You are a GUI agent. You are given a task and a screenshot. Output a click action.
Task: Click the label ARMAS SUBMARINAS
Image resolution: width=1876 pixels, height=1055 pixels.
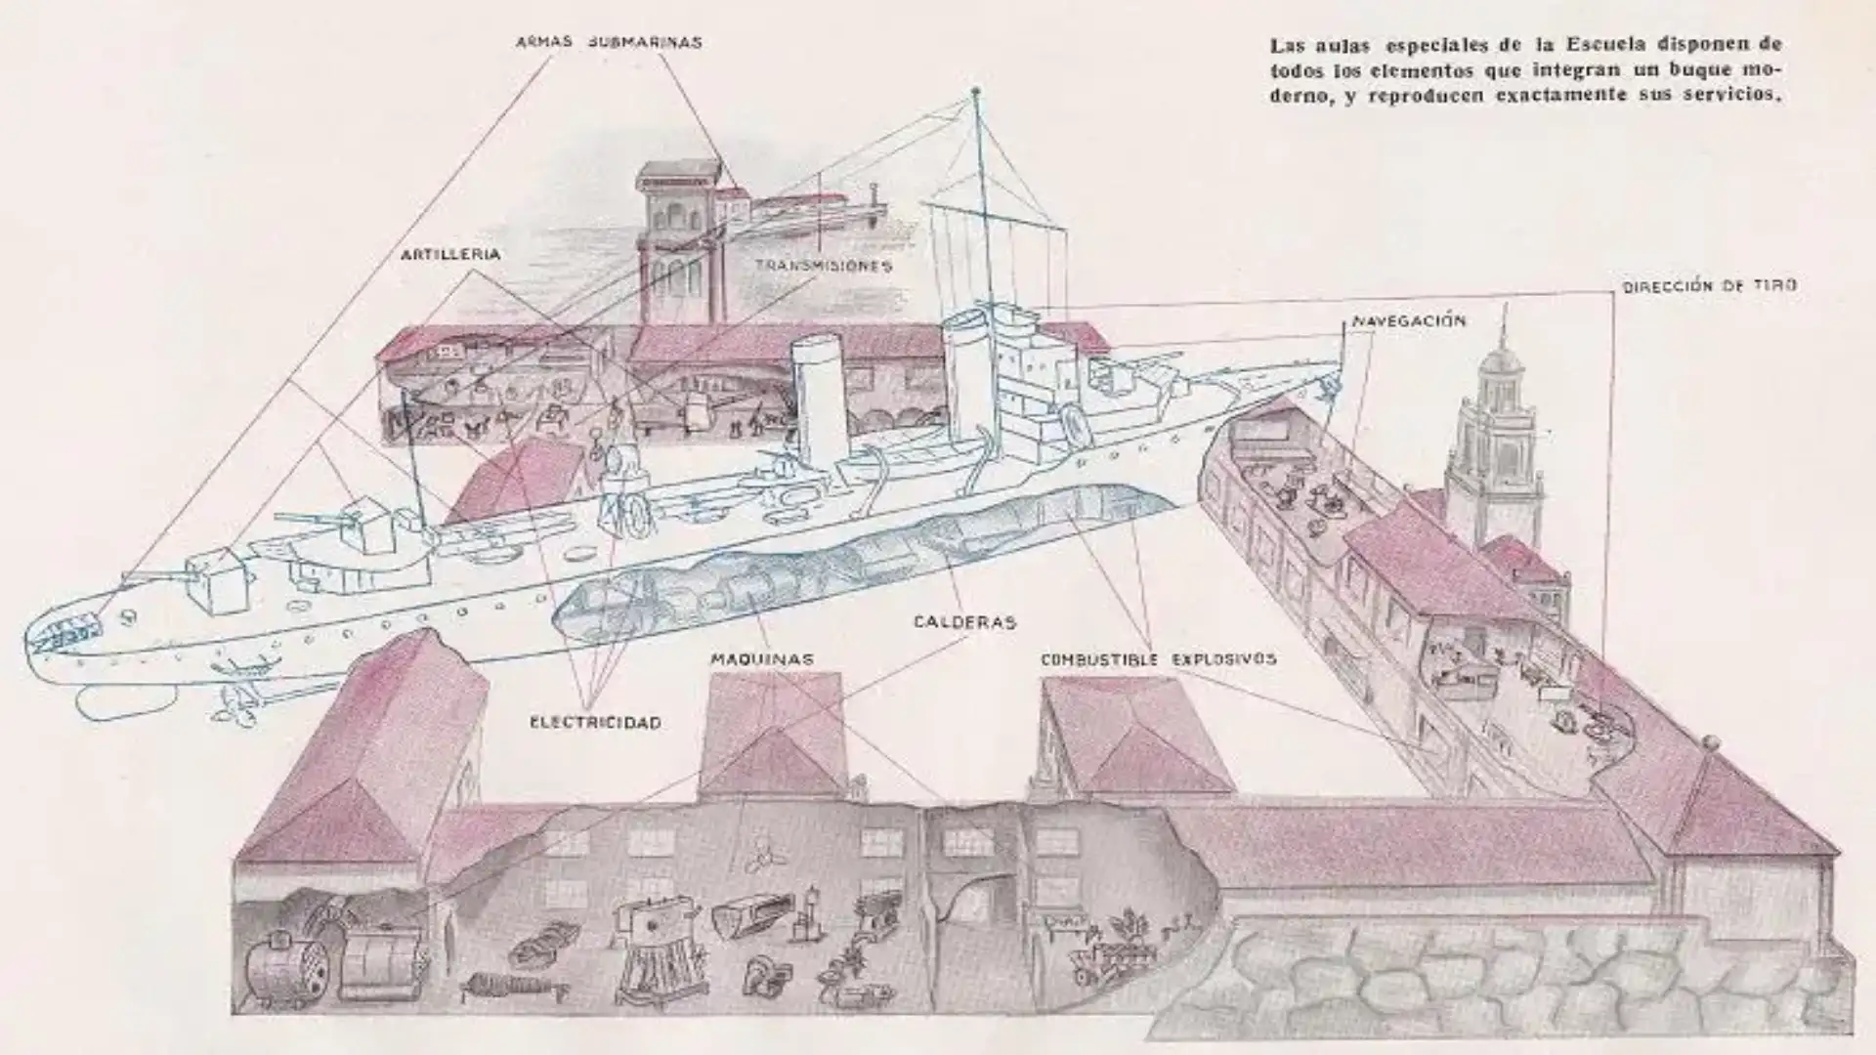click(x=609, y=43)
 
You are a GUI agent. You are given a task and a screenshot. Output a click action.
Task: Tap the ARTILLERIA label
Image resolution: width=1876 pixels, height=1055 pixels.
click(x=450, y=255)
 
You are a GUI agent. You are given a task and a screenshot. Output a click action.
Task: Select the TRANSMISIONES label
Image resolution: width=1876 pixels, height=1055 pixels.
click(x=823, y=266)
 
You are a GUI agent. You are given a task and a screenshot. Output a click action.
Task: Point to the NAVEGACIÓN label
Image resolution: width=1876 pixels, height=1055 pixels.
click(x=1409, y=321)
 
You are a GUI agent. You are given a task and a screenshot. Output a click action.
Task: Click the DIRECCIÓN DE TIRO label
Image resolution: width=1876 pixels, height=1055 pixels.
click(x=1709, y=287)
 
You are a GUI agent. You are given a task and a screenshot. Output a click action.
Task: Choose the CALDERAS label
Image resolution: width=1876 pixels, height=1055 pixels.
click(x=964, y=622)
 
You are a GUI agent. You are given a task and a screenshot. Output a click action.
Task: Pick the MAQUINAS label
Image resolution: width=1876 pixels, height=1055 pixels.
click(x=761, y=659)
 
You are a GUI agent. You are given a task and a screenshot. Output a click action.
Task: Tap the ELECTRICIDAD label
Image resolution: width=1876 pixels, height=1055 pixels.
click(x=595, y=723)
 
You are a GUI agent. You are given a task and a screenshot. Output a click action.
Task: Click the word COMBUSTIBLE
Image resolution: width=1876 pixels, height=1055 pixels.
click(x=1099, y=659)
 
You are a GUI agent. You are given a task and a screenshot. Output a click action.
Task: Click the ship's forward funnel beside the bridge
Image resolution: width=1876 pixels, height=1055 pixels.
click(x=967, y=376)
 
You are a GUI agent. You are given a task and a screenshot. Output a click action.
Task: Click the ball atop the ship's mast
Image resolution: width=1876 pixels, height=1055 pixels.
click(x=974, y=93)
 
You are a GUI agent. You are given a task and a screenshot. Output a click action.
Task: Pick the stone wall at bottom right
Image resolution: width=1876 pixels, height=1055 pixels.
click(x=1524, y=977)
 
